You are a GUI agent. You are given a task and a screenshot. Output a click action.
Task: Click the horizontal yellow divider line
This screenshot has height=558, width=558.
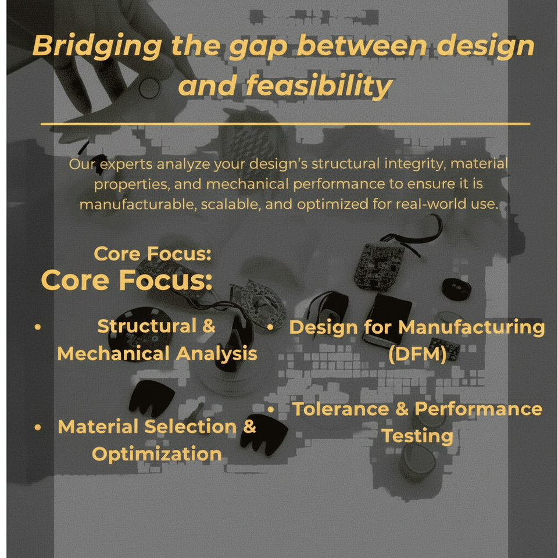[285, 124]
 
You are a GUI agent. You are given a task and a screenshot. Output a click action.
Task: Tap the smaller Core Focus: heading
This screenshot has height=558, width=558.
[152, 254]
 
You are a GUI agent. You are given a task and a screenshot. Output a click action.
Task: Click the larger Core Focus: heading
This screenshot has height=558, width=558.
[126, 280]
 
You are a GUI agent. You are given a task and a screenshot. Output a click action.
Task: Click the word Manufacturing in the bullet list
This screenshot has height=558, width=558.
[471, 327]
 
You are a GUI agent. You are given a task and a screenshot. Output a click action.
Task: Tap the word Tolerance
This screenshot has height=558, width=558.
[341, 409]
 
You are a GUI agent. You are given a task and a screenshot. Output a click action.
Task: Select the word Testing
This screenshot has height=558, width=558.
[417, 436]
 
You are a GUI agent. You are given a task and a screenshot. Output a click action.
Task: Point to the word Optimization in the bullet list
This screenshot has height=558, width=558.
[157, 454]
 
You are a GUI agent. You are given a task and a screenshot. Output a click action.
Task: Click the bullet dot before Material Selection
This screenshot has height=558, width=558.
[38, 427]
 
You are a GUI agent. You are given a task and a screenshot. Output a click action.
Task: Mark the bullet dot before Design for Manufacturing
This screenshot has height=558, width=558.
[271, 327]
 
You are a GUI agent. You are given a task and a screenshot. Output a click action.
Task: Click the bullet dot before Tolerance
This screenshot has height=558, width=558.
[271, 409]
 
